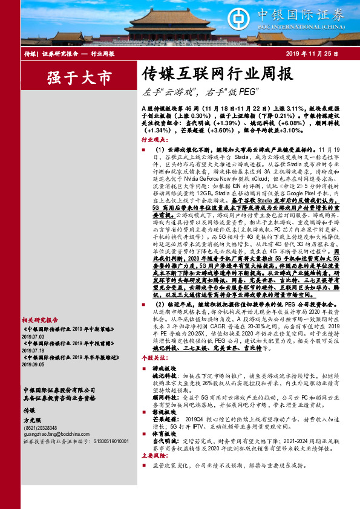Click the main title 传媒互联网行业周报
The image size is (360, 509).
click(x=209, y=75)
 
